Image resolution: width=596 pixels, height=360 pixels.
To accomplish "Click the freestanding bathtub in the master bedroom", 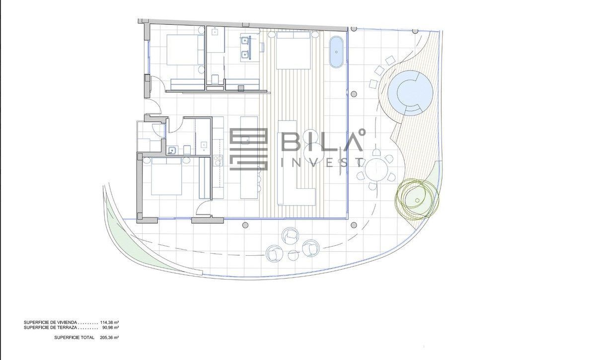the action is pos(337,52).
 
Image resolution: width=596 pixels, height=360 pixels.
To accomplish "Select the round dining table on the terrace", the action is pos(376,170).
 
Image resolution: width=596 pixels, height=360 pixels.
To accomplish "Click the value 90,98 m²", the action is pos(110,328).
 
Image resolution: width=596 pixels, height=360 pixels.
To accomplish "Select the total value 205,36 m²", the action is pos(109,337).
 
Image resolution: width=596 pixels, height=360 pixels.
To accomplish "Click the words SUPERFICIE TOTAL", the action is pos(74,337).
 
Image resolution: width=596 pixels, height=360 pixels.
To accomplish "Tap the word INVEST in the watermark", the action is pos(323,162).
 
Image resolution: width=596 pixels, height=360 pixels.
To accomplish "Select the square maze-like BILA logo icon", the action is pos(248,149).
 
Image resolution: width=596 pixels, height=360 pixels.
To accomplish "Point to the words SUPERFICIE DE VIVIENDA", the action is pos(51,322).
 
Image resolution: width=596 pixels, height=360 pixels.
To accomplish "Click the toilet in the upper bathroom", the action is pos(215,79).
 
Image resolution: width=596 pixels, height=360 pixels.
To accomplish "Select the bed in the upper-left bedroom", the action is pos(182,50).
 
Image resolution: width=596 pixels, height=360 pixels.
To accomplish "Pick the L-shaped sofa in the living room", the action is pos(297,163).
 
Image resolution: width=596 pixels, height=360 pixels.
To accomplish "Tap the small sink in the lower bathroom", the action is pos(172,150).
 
